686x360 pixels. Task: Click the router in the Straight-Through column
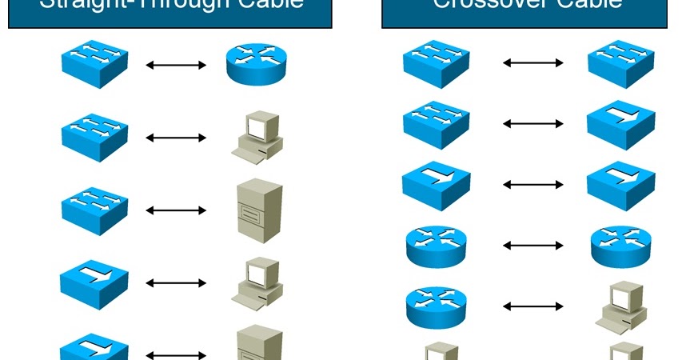pyautogui.click(x=256, y=65)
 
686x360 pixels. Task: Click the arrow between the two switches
pyautogui.click(x=533, y=62)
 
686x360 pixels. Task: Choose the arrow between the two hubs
pyautogui.click(x=533, y=184)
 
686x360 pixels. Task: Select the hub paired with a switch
pyautogui.click(x=620, y=124)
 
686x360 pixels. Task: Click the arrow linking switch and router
pyautogui.click(x=177, y=65)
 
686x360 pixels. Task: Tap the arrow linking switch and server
pyautogui.click(x=177, y=210)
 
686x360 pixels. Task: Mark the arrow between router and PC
pyautogui.click(x=533, y=306)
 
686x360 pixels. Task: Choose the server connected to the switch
pyautogui.click(x=259, y=207)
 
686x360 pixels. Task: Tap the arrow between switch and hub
pyautogui.click(x=533, y=124)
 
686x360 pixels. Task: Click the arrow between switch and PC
pyautogui.click(x=177, y=138)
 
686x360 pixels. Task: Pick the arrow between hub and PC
pyautogui.click(x=177, y=283)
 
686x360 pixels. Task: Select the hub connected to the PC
pyautogui.click(x=94, y=279)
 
